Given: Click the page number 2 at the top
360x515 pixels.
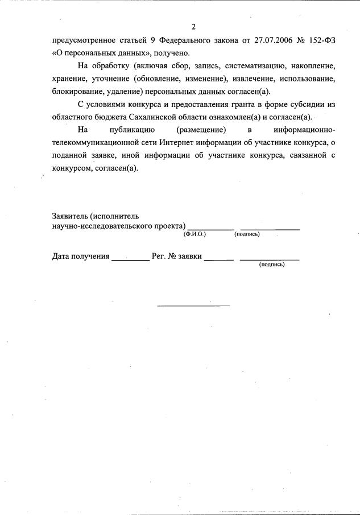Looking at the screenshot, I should click(x=193, y=27).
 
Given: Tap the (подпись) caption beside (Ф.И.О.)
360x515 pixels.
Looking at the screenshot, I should click(x=247, y=234).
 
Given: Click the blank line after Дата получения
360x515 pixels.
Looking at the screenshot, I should click(x=130, y=259).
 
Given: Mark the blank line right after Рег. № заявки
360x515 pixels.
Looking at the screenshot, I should click(x=219, y=259).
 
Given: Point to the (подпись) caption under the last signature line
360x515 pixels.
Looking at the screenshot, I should click(x=272, y=265).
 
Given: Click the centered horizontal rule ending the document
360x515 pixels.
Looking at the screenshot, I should click(x=193, y=306).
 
